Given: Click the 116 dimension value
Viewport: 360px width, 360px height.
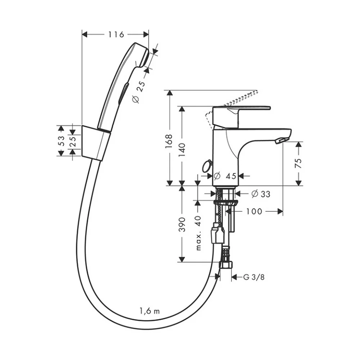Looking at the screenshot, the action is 116,35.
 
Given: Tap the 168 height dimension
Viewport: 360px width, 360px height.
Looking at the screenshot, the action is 169,141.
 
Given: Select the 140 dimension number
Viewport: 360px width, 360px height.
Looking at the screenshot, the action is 182,150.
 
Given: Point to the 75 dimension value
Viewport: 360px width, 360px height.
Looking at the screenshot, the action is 298,163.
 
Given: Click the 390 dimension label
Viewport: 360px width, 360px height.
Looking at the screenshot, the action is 182,224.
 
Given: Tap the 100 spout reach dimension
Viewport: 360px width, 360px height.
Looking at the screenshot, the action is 254,211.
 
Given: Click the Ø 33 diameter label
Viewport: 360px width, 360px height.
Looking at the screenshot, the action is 261,194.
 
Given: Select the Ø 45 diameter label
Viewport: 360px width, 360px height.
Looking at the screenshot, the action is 225,176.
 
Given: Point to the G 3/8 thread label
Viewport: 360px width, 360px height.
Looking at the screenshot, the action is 254,277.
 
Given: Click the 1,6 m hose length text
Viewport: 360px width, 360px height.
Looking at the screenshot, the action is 149,311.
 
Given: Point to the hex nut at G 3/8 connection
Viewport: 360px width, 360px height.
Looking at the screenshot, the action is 226,265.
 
